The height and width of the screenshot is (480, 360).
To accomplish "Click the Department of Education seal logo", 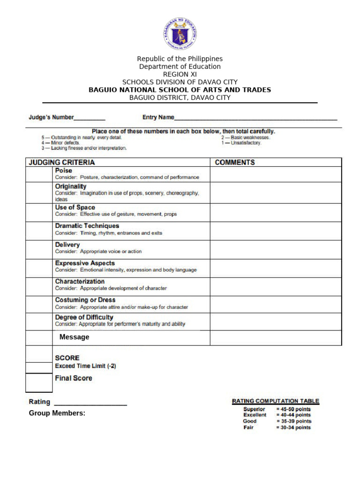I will [x=180, y=34].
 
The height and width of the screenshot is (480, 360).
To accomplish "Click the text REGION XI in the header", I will [x=180, y=74].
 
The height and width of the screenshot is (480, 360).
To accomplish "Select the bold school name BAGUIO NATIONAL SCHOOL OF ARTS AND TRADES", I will [x=180, y=90].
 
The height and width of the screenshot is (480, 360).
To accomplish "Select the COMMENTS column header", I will [x=235, y=163].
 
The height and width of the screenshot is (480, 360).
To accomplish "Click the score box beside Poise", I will [x=39, y=174].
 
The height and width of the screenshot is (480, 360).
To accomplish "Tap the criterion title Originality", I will [x=71, y=186].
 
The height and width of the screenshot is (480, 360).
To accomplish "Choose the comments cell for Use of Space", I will [x=276, y=212].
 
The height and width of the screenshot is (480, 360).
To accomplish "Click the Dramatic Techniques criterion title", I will [x=87, y=226].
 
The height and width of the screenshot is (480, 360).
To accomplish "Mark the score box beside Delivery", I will [x=39, y=249].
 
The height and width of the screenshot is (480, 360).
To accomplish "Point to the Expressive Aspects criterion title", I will [x=85, y=263].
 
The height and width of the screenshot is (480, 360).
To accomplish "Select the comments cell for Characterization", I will [x=276, y=286].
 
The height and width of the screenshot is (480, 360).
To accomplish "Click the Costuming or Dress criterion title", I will [x=85, y=300].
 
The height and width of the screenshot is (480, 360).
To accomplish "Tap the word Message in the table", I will [x=74, y=337].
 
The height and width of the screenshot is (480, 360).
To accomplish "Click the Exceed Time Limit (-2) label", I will [x=85, y=366].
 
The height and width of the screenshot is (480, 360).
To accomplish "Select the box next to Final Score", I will [x=39, y=382].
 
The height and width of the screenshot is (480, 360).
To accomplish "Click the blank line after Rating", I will [x=90, y=403].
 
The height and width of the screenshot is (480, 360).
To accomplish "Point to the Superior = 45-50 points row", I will [x=277, y=409].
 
